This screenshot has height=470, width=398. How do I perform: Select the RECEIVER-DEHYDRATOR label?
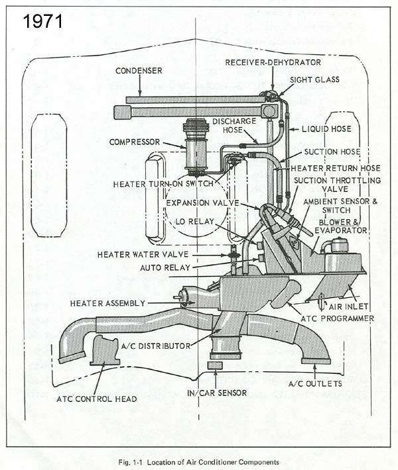[x=273, y=63]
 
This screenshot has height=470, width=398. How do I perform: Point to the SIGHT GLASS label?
[x=315, y=79]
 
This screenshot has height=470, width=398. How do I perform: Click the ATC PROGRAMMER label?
[x=338, y=318]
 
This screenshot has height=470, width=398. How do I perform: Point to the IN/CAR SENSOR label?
[x=218, y=393]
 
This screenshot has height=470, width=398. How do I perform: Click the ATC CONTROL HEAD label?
[x=96, y=399]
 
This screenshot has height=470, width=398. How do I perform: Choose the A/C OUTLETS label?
[x=314, y=384]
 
